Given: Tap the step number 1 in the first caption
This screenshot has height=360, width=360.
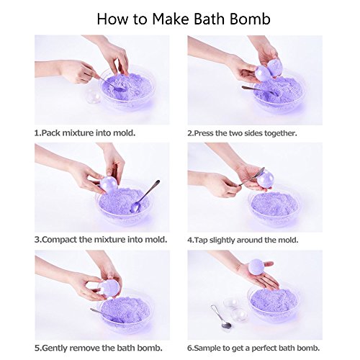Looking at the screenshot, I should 37,133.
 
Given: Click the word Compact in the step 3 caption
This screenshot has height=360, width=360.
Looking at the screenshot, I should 62,240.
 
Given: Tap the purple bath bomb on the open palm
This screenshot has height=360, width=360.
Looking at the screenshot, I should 256,268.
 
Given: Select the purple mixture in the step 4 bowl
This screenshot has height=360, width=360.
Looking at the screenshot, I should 274,205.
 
